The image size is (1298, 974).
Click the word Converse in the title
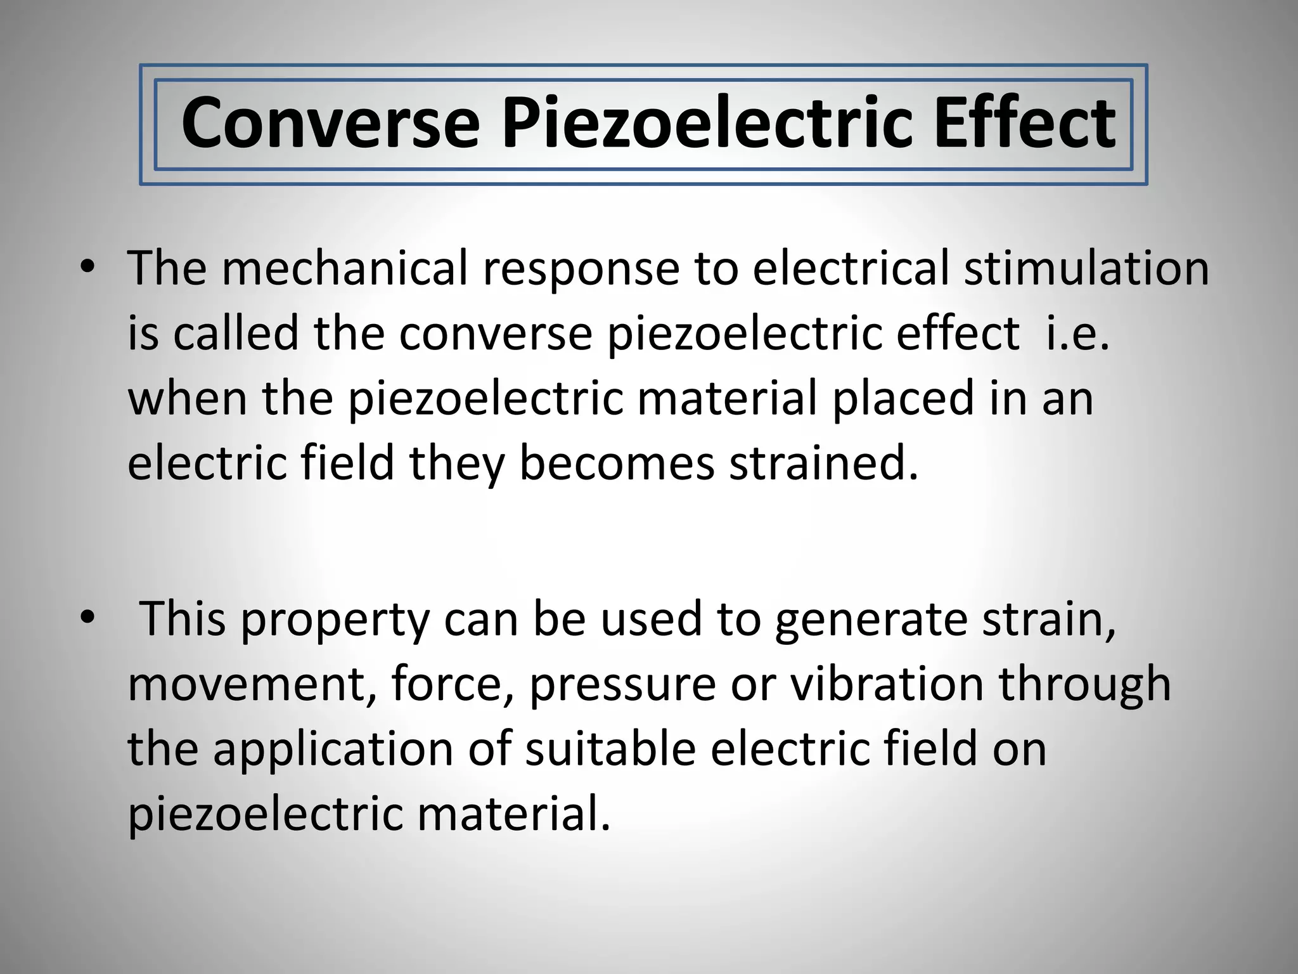pos(330,123)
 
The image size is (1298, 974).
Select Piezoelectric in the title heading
pos(707,123)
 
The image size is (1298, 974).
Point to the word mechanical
pos(345,268)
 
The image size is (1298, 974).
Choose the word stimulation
pos(1086,268)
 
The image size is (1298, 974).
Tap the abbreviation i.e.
pos(1077,334)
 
